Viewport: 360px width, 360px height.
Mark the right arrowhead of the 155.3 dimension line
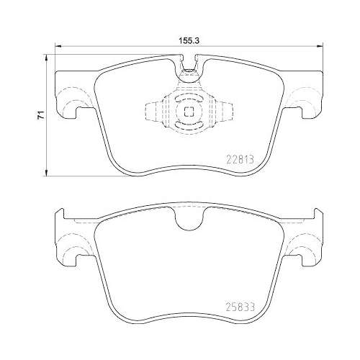point(320,46)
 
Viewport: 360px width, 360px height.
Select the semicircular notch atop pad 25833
point(189,220)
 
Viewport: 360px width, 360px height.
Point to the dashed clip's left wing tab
point(153,112)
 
